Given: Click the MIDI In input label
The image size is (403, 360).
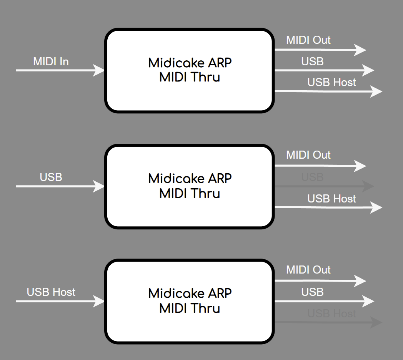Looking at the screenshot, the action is coord(51,61).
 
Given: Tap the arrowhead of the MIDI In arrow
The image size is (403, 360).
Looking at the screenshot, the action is coord(98,70).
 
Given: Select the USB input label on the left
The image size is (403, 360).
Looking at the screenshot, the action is coord(51,177).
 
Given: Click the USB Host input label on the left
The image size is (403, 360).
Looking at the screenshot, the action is coord(51,292).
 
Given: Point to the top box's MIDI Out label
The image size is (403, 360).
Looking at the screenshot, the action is coord(308,40).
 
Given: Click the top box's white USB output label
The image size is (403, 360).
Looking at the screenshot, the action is coord(312,61).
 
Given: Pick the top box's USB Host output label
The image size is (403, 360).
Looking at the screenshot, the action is coord(331,82).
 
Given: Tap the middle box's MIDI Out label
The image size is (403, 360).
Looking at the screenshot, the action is coord(308,155).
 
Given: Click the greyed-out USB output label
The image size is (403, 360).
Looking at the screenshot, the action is coord(312,177).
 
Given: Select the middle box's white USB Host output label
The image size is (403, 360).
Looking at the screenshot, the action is coord(331,199).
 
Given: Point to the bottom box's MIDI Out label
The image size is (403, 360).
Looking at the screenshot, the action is coord(308,270).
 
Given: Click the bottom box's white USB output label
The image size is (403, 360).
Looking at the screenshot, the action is coord(312,292).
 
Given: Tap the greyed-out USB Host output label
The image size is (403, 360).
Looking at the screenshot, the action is coord(331,314).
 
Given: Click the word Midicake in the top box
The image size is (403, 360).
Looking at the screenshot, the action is coord(176,63).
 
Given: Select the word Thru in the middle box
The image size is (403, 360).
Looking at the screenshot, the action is coord(205,193).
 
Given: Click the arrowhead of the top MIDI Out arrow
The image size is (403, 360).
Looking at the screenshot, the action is coord(360,50).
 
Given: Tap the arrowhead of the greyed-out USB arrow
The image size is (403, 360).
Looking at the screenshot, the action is coord(368,186).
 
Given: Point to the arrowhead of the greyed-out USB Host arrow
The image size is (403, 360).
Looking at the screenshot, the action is coord(376,322).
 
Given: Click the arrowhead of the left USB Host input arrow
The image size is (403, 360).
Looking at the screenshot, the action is coord(98,301).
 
